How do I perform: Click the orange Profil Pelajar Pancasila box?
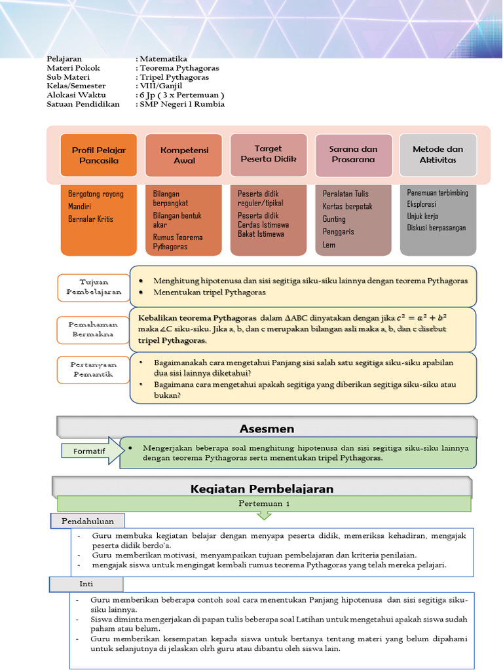click(x=98, y=155)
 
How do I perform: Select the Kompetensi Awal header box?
click(x=184, y=155)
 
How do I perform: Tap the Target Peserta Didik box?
click(x=269, y=154)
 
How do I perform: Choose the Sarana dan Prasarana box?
click(x=354, y=155)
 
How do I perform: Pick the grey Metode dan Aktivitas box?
click(x=438, y=154)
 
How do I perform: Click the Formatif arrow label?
click(x=92, y=451)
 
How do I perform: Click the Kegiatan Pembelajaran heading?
click(x=262, y=489)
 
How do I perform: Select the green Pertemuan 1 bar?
click(x=263, y=504)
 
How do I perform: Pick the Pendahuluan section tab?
click(x=88, y=521)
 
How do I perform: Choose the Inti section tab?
click(x=87, y=583)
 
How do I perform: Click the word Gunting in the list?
click(x=334, y=219)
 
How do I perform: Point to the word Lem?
click(x=329, y=245)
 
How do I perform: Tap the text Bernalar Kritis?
click(x=90, y=219)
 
